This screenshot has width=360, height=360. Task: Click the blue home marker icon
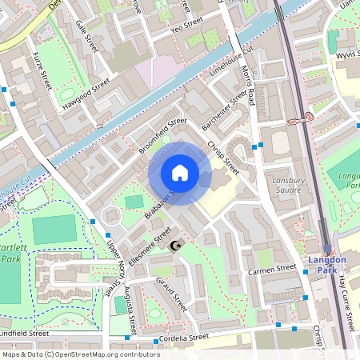point(180,173)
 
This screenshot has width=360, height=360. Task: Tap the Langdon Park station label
point(327,266)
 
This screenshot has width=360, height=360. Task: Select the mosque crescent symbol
point(178,243)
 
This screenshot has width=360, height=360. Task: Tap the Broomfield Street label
point(162,136)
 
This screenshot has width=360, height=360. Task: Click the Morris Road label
point(250,86)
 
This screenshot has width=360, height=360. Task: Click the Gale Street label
point(85,37)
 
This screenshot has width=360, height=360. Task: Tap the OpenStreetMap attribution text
point(80,354)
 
